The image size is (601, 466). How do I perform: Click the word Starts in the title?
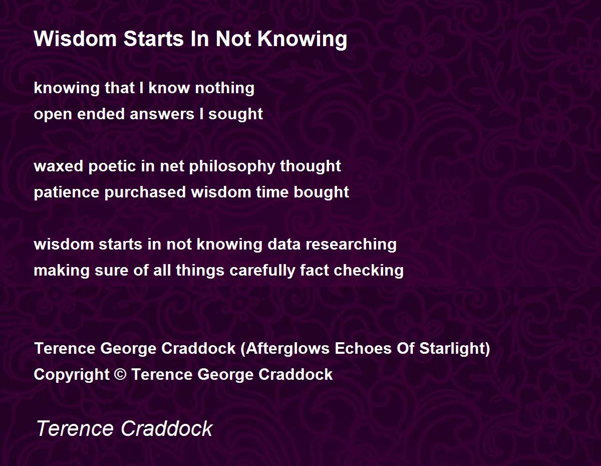[153, 39]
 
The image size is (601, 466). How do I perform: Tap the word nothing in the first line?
[224, 88]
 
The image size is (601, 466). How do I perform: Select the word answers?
[162, 114]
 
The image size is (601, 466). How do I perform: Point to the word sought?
[235, 114]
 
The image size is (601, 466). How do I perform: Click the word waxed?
[59, 166]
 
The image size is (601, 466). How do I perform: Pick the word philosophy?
[232, 166]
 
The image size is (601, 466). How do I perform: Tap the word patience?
[67, 192]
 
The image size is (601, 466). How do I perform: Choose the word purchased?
[145, 192]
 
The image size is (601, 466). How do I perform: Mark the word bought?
[321, 192]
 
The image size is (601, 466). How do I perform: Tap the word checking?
[369, 271]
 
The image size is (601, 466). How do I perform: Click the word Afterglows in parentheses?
[287, 348]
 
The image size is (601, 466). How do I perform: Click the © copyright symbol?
[120, 374]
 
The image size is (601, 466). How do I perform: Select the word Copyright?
[72, 375]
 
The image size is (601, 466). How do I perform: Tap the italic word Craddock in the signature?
[166, 428]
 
